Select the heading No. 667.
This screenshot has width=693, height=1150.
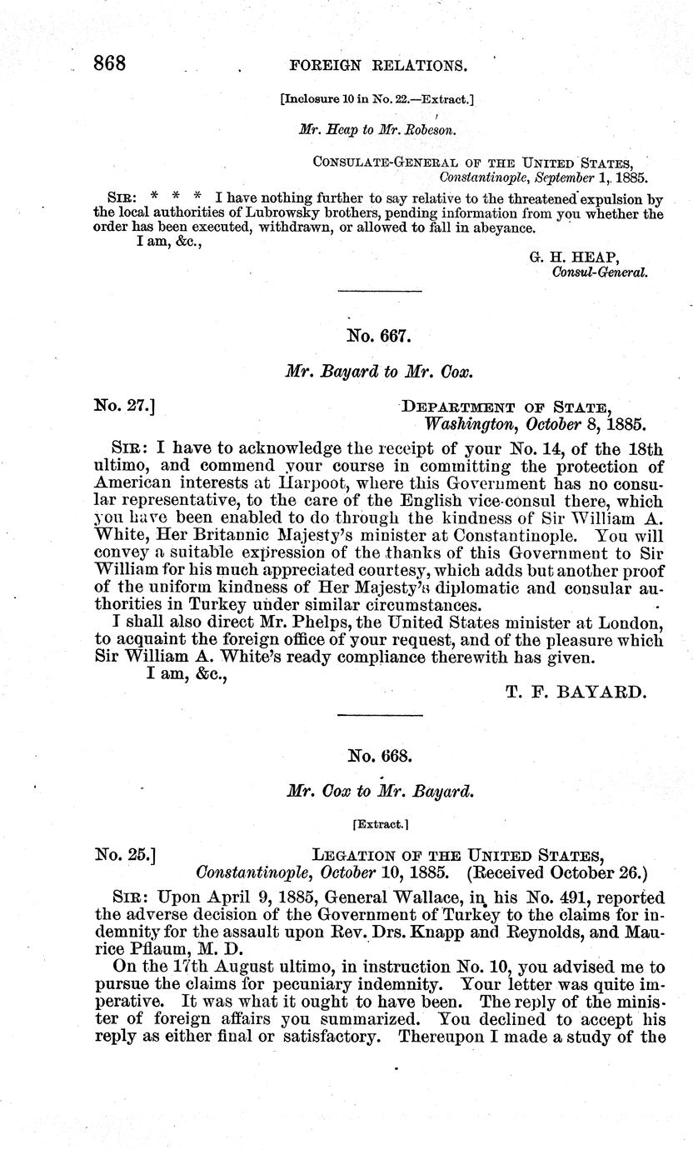click(379, 337)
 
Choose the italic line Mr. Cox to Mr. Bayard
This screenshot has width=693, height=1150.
click(378, 791)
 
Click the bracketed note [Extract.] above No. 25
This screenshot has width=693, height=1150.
click(379, 823)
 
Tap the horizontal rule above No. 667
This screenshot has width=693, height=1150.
click(379, 290)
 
